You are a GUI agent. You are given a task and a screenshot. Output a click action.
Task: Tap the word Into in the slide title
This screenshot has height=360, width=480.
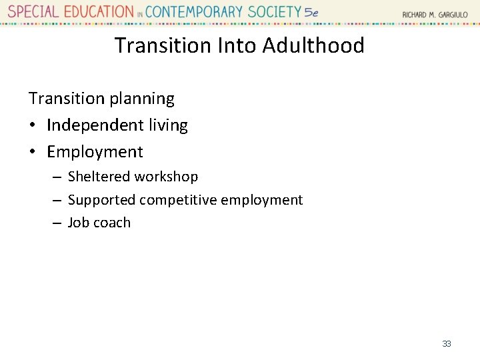tap(237, 45)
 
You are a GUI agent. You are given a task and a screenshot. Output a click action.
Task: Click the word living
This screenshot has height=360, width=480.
tap(168, 125)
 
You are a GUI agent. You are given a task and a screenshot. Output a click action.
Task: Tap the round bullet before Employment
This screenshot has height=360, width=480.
tap(33, 152)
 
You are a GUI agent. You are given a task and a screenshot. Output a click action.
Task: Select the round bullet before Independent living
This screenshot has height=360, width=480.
tap(33, 125)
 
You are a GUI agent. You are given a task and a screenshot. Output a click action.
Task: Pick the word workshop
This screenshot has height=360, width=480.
tap(166, 177)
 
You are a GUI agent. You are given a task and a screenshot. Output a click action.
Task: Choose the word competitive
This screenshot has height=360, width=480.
tap(178, 200)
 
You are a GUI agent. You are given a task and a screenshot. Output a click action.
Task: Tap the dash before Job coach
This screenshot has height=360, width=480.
tap(57, 223)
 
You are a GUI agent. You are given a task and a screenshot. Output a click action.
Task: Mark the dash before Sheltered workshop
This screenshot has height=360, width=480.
tap(57, 177)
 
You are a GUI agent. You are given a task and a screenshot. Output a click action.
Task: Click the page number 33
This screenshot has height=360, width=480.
tap(447, 343)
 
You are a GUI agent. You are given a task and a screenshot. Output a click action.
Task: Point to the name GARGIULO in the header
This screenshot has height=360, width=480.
tap(453, 14)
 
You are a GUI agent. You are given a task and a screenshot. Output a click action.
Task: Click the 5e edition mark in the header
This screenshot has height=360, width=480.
tap(311, 12)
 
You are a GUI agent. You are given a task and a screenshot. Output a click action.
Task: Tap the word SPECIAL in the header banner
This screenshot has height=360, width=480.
tap(33, 12)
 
